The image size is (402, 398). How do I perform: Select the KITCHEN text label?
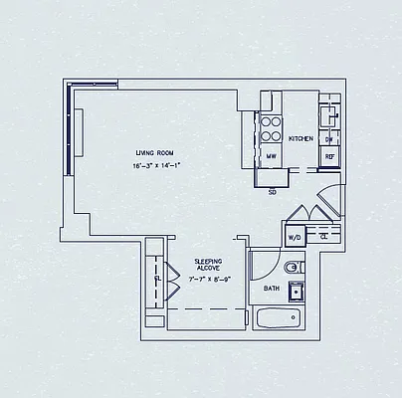301,139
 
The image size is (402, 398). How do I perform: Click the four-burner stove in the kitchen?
270,130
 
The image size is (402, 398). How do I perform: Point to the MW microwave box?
270,157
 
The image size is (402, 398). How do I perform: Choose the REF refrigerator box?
329,156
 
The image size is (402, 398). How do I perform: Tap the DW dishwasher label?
329,140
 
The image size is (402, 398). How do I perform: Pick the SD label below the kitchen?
272,191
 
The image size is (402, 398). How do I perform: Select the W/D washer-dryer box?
295,238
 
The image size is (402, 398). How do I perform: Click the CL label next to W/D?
324,238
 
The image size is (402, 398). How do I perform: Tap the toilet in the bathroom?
292,268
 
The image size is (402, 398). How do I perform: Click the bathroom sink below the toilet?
296,291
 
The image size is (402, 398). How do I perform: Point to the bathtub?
278,318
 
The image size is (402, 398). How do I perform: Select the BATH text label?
271,289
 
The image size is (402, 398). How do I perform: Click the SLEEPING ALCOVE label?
208,264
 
